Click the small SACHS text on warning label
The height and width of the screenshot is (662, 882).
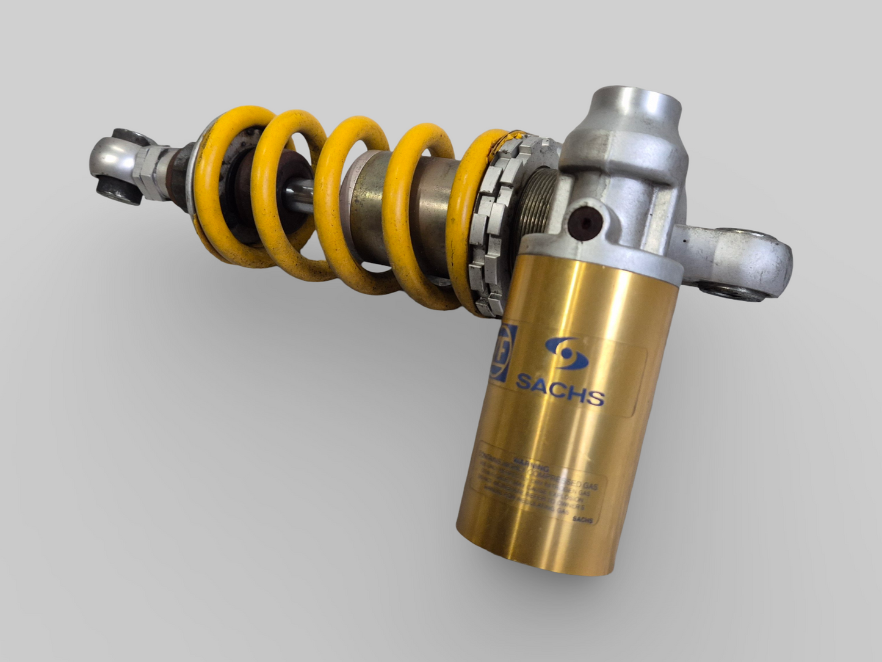pos(583,520)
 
